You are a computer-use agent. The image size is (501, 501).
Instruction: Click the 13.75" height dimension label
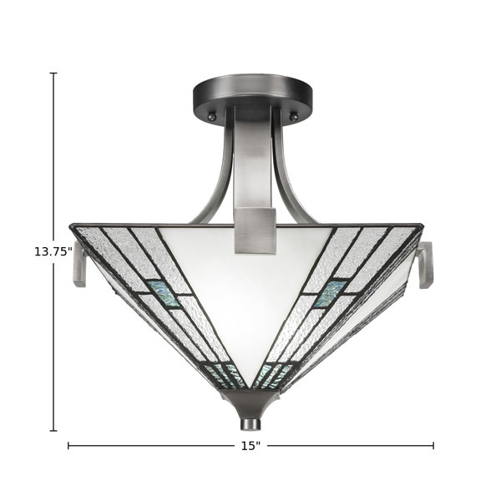tap(53, 251)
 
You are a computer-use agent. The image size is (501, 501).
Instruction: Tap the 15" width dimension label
tap(250, 446)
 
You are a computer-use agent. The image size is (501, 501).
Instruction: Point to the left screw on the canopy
tap(212, 116)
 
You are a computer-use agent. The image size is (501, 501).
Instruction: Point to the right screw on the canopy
tap(293, 116)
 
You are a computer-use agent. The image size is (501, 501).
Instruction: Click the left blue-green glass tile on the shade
tap(163, 294)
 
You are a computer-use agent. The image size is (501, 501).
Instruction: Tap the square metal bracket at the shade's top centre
tap(255, 231)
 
